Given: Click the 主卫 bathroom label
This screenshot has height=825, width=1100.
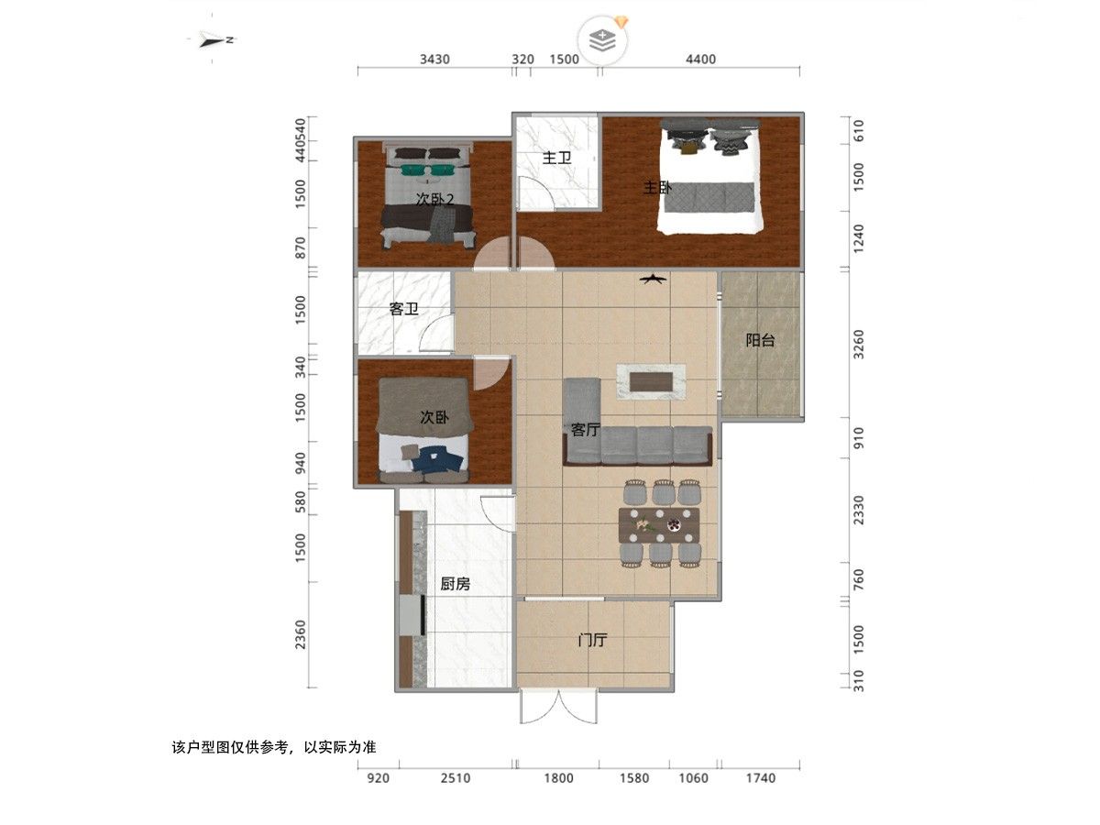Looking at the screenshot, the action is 556,158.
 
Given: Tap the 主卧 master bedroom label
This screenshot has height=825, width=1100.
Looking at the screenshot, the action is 657,188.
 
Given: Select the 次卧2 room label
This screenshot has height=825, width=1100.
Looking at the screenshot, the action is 435,200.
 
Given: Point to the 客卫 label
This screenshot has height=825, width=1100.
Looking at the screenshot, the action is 403,309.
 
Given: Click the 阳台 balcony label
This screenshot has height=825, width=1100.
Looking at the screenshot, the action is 760,340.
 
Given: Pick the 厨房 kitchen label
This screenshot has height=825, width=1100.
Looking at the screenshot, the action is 455,584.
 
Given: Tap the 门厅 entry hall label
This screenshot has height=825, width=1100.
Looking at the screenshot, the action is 592,640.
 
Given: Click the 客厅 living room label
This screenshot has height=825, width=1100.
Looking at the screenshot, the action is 586,429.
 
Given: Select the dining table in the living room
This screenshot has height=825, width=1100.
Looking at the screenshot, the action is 659,525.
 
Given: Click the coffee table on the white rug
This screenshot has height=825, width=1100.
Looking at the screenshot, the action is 651,382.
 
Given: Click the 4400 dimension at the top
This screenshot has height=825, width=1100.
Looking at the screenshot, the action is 700,59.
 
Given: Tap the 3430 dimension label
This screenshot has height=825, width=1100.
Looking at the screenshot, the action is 434,59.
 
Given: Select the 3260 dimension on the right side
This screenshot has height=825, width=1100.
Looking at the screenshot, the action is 859,344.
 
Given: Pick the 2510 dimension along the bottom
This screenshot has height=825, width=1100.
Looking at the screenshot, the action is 456,778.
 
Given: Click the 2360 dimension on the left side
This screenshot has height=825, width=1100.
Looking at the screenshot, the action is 300,634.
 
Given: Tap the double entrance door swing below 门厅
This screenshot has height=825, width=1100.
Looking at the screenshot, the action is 559,706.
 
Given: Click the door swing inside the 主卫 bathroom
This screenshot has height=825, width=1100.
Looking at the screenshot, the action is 536,192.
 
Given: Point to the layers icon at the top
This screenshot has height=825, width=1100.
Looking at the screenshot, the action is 602,40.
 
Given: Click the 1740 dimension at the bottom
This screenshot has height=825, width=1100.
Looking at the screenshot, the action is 761,778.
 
